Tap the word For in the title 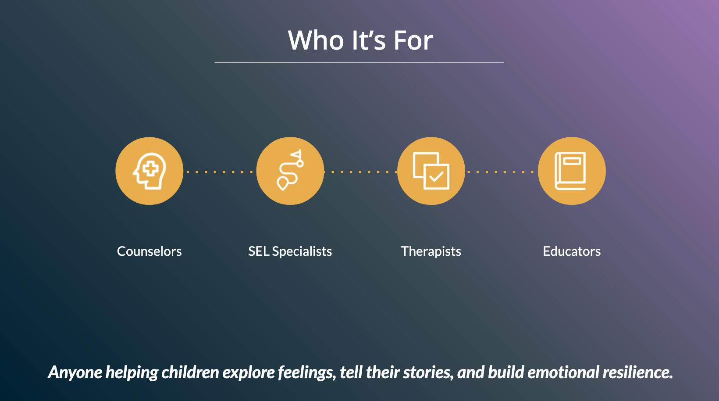tap(413, 40)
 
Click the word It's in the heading tap(369, 40)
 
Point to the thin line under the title tap(359, 62)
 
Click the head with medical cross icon tap(149, 171)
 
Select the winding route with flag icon tap(290, 170)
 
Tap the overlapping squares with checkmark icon tap(431, 171)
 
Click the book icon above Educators tap(570, 171)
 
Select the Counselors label tap(149, 251)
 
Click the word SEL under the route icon tap(258, 251)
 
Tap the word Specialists tap(302, 251)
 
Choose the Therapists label tap(431, 251)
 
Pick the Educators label tap(572, 251)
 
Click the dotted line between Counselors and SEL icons tap(220, 172)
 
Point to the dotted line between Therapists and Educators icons tap(501, 172)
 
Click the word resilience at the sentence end tap(637, 372)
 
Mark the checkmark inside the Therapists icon tap(436, 176)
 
